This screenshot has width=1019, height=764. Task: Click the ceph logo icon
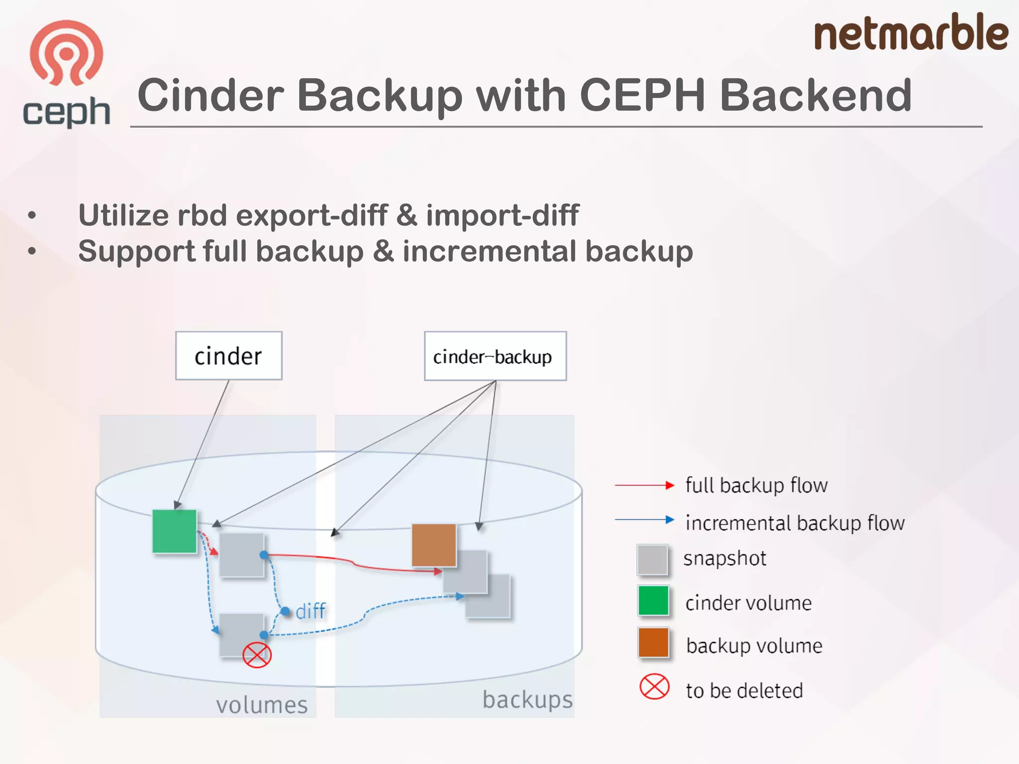point(66,53)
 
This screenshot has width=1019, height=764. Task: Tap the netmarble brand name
point(911,33)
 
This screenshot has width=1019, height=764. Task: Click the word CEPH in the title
point(642,95)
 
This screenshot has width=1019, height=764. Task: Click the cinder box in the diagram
point(228,356)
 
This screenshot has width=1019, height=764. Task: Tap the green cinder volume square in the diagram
point(174,531)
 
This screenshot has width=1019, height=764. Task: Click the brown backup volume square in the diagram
point(434,545)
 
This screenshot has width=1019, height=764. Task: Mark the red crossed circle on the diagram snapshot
point(257,655)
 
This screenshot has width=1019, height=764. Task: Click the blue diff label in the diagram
point(310,611)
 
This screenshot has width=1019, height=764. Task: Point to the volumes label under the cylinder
point(262,705)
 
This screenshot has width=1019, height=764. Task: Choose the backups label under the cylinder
point(527,699)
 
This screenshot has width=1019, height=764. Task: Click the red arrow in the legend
point(644,485)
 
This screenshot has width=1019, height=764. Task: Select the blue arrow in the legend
point(644,520)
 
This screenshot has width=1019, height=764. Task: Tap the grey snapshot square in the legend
point(652,560)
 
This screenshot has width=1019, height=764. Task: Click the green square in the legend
point(653,601)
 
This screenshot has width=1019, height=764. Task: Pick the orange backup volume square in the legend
point(653,643)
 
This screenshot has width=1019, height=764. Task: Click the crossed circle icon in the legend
point(654,687)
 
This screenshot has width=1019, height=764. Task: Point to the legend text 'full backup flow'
point(756,485)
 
